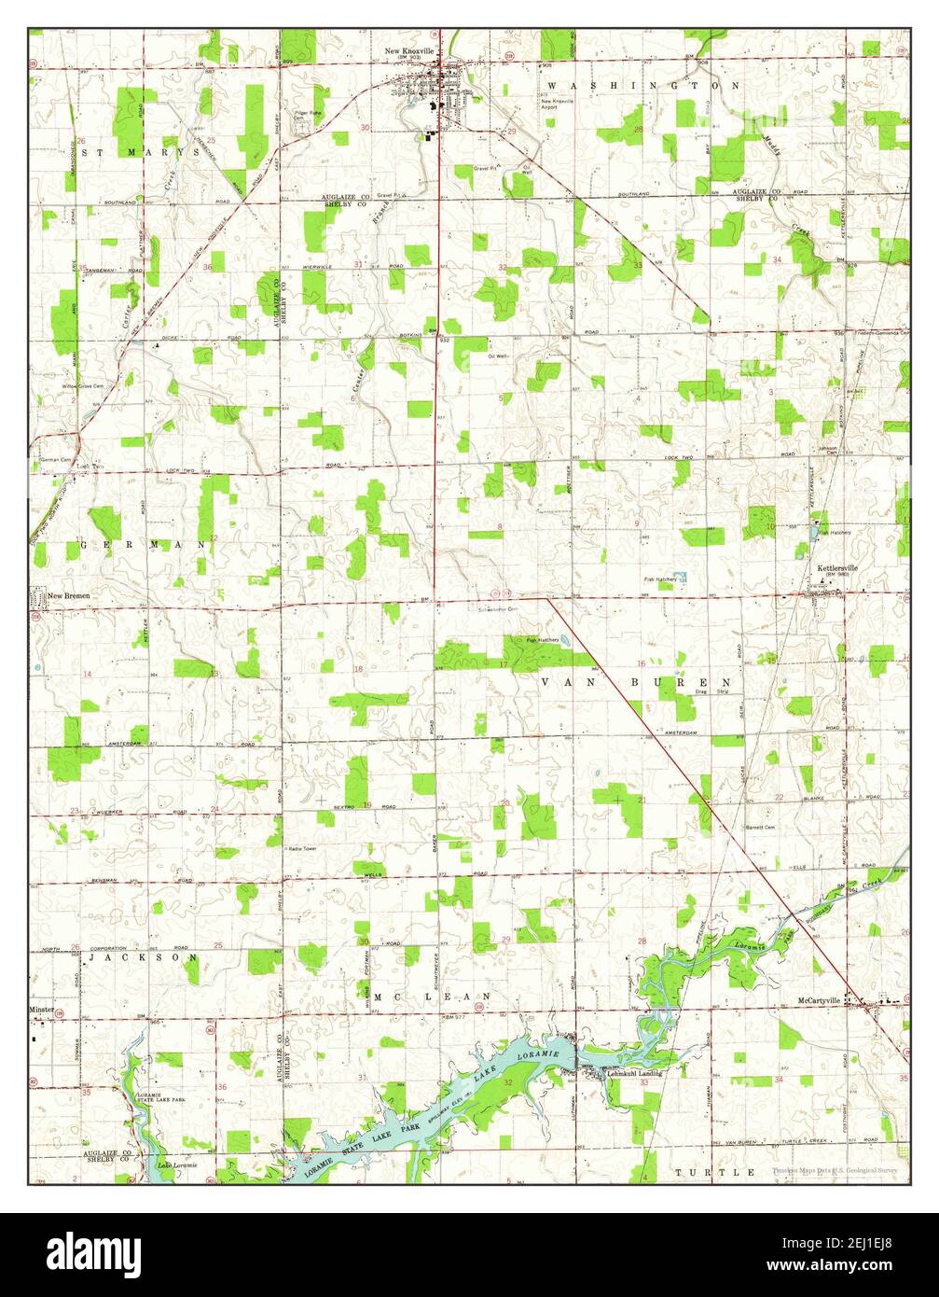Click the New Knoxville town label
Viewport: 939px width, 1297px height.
coord(411,50)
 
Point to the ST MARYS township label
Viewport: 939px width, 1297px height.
coord(140,151)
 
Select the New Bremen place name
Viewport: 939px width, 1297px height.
coord(71,594)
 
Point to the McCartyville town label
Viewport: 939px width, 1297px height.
coord(821,1000)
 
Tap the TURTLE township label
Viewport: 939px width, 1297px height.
coord(715,1171)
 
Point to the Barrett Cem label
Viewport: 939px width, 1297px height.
coord(760,827)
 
